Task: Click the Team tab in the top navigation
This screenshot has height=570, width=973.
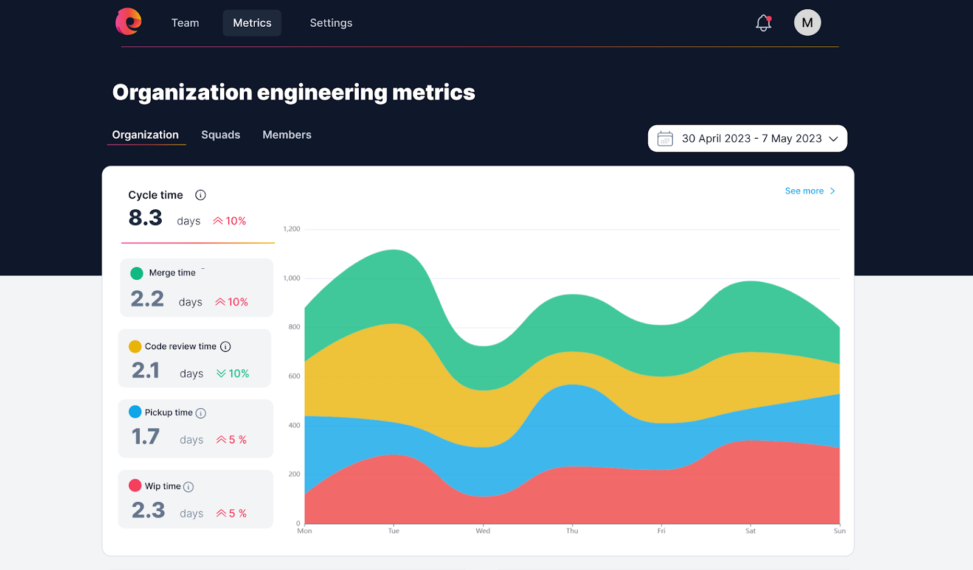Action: coord(185,23)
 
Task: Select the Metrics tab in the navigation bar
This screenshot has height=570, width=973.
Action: coord(252,23)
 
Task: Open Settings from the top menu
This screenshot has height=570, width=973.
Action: coord(331,23)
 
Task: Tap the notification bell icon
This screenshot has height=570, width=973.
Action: coord(763,23)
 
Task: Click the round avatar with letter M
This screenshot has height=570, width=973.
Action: coord(807,23)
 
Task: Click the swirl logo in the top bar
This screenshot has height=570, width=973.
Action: coord(128,22)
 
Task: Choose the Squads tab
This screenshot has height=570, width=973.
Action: coord(221,135)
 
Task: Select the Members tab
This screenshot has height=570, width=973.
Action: coord(287,135)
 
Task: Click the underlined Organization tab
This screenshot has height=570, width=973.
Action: coord(145,135)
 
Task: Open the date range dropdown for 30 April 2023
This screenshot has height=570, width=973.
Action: coord(747,139)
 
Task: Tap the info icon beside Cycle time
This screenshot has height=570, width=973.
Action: coord(200,195)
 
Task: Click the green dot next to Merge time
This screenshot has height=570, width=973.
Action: coord(137,273)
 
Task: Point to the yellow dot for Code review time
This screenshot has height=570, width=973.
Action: coord(135,347)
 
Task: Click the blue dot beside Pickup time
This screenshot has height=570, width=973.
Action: coord(135,412)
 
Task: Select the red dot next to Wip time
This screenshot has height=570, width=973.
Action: coord(135,486)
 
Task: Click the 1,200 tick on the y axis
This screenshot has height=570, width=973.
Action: coord(292,229)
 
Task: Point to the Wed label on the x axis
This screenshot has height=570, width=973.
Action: coord(483,531)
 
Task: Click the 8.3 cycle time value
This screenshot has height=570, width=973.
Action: coord(145,218)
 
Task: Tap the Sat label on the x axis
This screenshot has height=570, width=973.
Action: coord(750,531)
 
